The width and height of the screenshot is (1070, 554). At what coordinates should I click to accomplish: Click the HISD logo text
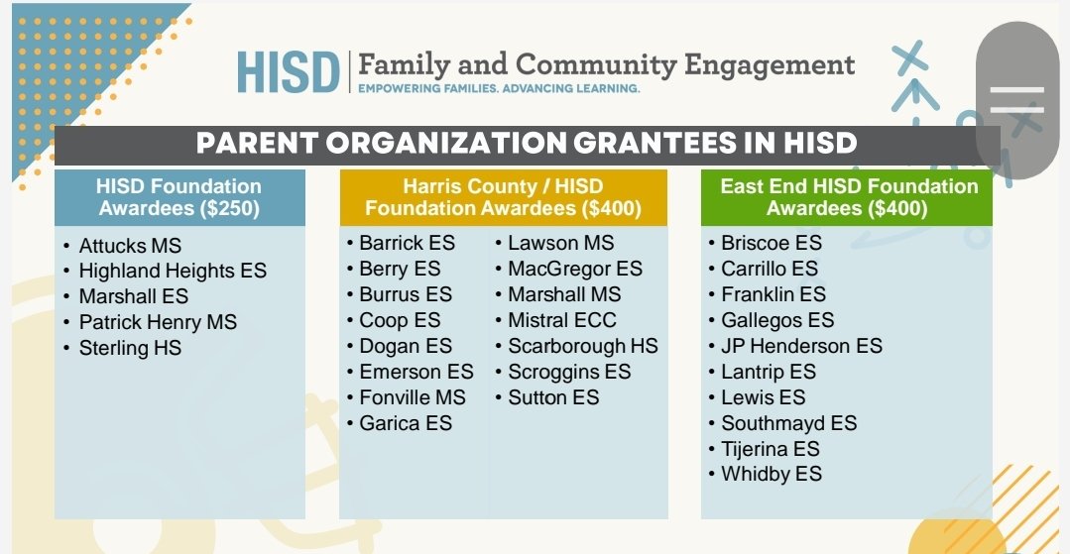[288, 70]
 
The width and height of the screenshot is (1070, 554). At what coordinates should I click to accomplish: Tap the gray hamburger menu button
[1016, 100]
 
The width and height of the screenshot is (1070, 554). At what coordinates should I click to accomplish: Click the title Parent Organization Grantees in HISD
[526, 143]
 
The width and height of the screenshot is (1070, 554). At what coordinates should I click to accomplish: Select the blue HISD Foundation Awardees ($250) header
[179, 197]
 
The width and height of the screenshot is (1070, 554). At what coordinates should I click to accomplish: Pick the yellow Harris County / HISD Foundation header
[503, 197]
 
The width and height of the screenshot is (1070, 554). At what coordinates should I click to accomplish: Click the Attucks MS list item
[130, 245]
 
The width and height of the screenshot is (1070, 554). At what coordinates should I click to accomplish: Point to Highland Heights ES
[173, 271]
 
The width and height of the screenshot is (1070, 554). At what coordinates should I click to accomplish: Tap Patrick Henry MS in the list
[158, 322]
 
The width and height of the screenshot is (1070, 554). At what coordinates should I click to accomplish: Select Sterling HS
[130, 348]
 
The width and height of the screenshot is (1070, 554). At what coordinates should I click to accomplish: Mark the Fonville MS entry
[412, 397]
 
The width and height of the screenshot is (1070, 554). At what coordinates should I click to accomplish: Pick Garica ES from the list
[405, 423]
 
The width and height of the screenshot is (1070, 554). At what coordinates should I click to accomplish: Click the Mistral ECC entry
[561, 320]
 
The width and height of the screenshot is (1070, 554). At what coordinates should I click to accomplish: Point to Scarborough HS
[582, 346]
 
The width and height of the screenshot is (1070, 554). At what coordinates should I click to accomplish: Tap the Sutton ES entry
[553, 397]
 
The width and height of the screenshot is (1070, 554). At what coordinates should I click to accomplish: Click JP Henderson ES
[801, 346]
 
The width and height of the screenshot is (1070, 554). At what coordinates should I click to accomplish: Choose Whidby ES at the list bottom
[771, 475]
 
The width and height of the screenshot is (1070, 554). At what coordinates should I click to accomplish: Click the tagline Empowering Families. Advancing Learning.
[499, 88]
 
